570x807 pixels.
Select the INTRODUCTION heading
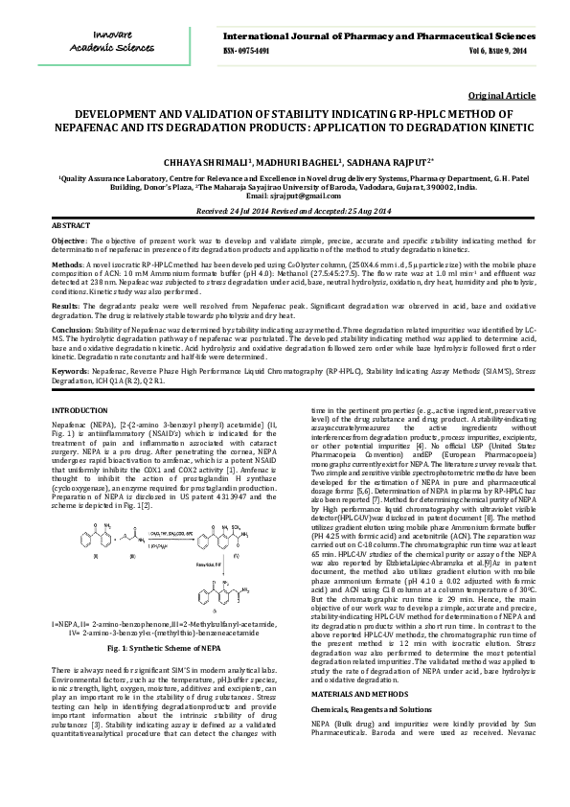tap(79, 410)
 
